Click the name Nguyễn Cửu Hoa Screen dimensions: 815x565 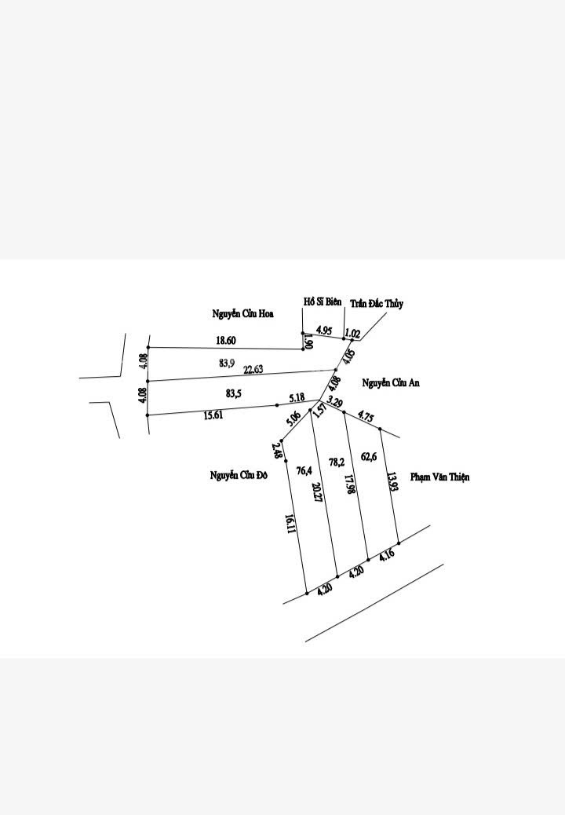[x=242, y=314]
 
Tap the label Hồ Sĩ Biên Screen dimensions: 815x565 [x=323, y=302]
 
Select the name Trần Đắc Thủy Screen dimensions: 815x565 [x=377, y=304]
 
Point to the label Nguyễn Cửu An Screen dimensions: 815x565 [x=392, y=382]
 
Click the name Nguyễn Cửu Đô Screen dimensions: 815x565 [x=239, y=474]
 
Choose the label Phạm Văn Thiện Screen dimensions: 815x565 [x=440, y=477]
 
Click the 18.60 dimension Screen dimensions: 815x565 [x=225, y=340]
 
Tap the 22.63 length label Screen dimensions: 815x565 [x=253, y=369]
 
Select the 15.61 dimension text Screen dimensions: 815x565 [x=213, y=416]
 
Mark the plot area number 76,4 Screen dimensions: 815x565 [x=304, y=470]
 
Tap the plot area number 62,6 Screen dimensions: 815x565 [x=369, y=455]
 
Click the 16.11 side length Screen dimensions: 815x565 [x=290, y=524]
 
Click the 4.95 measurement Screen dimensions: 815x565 [x=325, y=330]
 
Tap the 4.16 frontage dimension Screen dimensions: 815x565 [x=386, y=556]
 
